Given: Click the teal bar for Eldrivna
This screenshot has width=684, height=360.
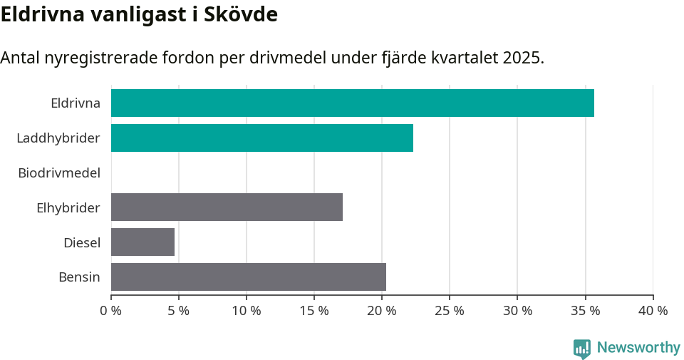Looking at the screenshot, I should point(352,103).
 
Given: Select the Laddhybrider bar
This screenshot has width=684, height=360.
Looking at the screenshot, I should point(261,138).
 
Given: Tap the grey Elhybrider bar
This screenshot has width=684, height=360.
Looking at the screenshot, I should point(227,207).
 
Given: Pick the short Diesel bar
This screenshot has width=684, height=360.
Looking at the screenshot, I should point(142,242).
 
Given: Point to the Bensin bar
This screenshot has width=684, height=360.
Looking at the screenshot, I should point(248,277).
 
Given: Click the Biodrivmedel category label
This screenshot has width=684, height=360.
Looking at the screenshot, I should point(59,173).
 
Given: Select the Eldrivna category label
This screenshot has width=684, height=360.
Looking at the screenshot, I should point(76,103).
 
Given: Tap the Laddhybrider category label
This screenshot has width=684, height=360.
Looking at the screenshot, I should point(58,138).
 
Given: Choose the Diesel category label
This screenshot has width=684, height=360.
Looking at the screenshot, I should point(82,242).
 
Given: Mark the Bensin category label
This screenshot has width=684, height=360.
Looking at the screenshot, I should point(79,277).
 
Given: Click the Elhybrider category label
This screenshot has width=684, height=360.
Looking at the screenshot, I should point(68,207).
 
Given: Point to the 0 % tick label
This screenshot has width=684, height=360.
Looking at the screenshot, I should point(111,311).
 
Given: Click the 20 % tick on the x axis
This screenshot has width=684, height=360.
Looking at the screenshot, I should point(382,311).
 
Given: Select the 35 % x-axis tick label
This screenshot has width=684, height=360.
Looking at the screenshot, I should point(585,311).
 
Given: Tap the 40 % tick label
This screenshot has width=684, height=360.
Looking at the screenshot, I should point(653,311).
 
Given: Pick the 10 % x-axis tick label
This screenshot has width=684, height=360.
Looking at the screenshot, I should point(247,311).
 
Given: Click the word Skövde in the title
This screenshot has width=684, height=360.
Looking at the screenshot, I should point(242,14).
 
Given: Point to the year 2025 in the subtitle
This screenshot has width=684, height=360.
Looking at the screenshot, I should point(522,58).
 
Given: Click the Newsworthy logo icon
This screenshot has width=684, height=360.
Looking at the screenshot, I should point(582,348).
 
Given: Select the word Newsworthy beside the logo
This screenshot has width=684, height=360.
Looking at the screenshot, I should point(638,348).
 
